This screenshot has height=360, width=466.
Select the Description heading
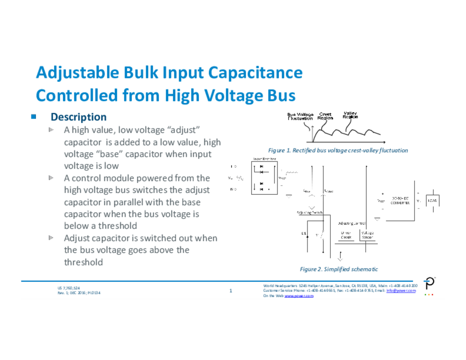(x=78, y=117)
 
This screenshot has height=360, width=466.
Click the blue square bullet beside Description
(x=34, y=117)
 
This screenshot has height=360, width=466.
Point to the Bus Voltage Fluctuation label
(x=300, y=117)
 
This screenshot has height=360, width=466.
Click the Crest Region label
(x=325, y=116)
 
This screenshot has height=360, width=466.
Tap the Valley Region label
(x=350, y=115)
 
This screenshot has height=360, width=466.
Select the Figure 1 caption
(x=338, y=150)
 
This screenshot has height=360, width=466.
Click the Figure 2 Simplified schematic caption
(x=339, y=269)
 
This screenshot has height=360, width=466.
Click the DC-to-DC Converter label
(x=400, y=200)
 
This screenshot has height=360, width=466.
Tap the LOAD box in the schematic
(x=432, y=200)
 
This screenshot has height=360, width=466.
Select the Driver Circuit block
(x=347, y=235)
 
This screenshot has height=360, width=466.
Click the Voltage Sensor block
(x=367, y=235)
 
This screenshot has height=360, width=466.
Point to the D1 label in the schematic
(x=304, y=233)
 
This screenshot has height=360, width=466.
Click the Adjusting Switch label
(x=309, y=213)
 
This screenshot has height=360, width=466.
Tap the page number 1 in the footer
(x=231, y=290)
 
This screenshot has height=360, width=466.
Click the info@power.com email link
(x=401, y=290)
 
